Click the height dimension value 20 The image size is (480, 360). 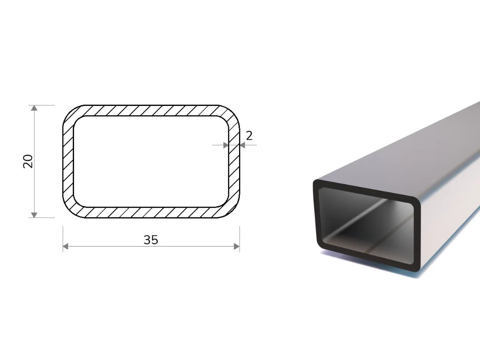pyautogui.click(x=28, y=161)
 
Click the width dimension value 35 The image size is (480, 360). pyautogui.click(x=151, y=240)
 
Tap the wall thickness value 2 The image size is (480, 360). pyautogui.click(x=249, y=135)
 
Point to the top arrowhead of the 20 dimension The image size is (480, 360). pyautogui.click(x=34, y=108)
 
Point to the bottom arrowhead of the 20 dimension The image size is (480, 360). pyautogui.click(x=34, y=215)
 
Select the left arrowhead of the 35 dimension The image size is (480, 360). pyautogui.click(x=66, y=247)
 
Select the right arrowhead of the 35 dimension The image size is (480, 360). pyautogui.click(x=237, y=247)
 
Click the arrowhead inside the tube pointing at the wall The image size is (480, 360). pyautogui.click(x=226, y=145)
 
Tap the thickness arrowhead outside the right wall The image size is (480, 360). pyautogui.click(x=242, y=145)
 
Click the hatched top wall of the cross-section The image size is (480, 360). pyautogui.click(x=151, y=111)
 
